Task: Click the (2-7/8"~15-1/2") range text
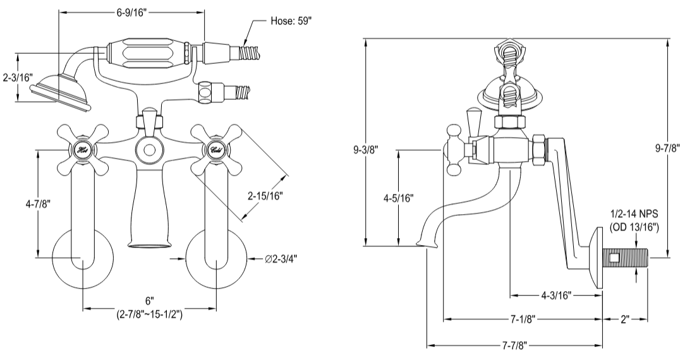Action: pos(149,314)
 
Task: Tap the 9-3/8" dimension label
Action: pos(367,150)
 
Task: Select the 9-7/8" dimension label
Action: pos(668,148)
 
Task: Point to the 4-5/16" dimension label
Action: pos(397,198)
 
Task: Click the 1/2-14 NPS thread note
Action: pos(633,217)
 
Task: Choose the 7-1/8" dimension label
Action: pos(521,319)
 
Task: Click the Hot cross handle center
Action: pos(82,150)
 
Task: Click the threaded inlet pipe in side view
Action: pos(626,258)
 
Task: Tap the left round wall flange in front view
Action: pos(82,259)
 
